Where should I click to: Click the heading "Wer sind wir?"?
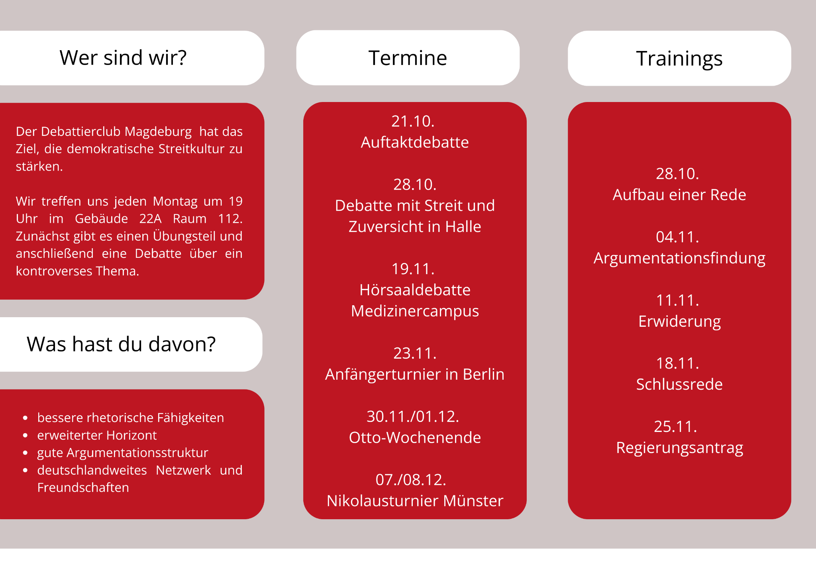(x=123, y=58)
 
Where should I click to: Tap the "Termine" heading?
(x=408, y=58)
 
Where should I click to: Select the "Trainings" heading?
(x=679, y=59)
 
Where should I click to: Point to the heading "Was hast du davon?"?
(x=121, y=344)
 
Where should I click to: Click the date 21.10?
(x=413, y=121)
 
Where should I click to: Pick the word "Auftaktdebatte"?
(x=415, y=142)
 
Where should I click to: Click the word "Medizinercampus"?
(x=415, y=311)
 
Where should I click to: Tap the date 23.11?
(x=415, y=353)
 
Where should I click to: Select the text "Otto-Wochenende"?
(x=415, y=438)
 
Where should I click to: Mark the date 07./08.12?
(x=411, y=480)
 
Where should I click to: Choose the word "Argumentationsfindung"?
(x=679, y=259)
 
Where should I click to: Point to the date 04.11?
(x=677, y=237)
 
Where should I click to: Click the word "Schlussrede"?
(x=679, y=385)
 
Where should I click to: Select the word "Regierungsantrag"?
(x=679, y=448)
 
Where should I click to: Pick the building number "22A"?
(x=150, y=219)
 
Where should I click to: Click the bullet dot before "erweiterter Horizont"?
(x=25, y=436)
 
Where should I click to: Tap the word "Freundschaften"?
(x=83, y=487)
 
